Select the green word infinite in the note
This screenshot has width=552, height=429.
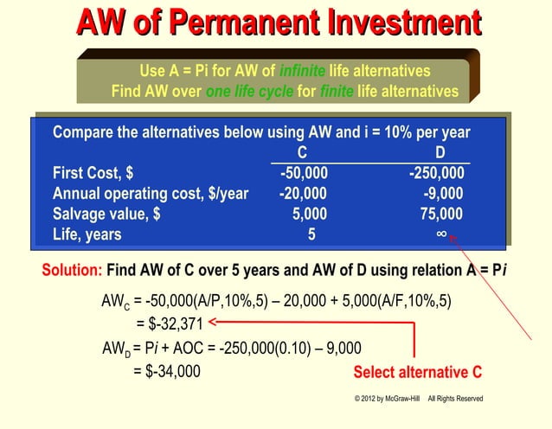click(x=303, y=71)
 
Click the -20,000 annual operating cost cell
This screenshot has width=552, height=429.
click(x=303, y=193)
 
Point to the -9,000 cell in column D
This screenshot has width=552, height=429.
click(x=442, y=193)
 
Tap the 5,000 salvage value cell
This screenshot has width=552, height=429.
click(x=310, y=214)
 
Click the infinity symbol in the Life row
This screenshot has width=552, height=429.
click(x=441, y=234)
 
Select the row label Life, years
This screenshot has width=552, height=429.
click(x=87, y=234)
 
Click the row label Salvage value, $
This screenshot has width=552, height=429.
click(x=106, y=214)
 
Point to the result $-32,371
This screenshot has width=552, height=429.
click(x=170, y=324)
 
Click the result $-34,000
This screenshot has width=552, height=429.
click(x=166, y=371)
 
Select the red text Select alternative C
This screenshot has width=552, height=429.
click(x=417, y=372)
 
